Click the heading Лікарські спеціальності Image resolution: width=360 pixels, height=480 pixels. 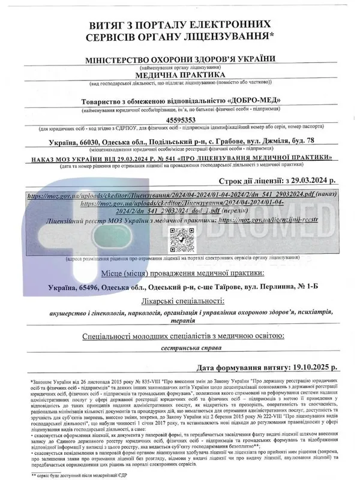[x=180, y=299]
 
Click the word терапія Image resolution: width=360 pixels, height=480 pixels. [x=181, y=322]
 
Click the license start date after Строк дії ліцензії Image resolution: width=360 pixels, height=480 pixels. [x=313, y=179]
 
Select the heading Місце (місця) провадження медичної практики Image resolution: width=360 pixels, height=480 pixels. [x=180, y=273]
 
